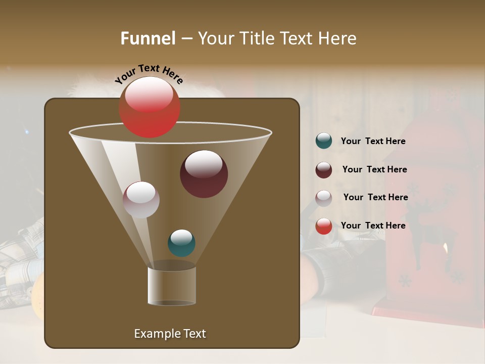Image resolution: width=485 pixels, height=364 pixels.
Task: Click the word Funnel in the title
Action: (148, 38)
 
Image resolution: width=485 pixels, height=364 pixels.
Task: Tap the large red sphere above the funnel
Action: (150, 107)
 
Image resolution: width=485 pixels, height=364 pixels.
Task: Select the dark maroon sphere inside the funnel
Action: (204, 174)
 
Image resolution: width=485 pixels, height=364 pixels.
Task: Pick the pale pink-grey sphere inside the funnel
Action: (141, 200)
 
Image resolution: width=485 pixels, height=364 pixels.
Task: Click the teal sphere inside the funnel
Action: (181, 243)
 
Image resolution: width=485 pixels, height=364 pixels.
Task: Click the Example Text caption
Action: (170, 334)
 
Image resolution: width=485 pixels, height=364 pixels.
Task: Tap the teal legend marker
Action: (324, 141)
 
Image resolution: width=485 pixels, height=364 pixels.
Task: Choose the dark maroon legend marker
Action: (324, 170)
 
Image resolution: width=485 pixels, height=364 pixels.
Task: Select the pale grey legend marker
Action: (324, 198)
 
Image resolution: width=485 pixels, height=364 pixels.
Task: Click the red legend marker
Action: (324, 226)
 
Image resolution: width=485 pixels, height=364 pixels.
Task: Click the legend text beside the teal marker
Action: (373, 142)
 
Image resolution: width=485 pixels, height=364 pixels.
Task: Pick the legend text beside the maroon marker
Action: (374, 170)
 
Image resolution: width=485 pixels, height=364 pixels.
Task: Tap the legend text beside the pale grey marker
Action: (375, 198)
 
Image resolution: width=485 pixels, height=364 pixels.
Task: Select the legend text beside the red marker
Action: (373, 225)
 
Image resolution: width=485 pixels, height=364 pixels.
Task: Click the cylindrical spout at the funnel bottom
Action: (172, 286)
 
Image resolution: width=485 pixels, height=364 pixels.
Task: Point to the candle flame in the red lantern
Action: (445, 248)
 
